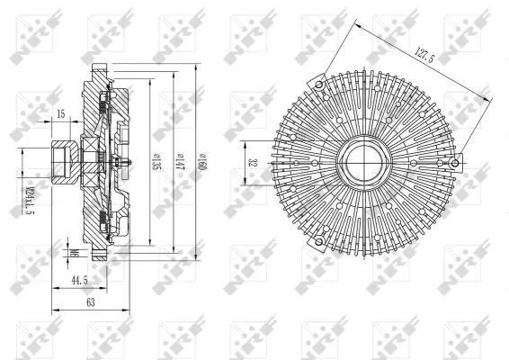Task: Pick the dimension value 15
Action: [x=60, y=113]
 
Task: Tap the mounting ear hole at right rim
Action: [x=458, y=163]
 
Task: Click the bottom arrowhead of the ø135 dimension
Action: [x=149, y=242]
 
